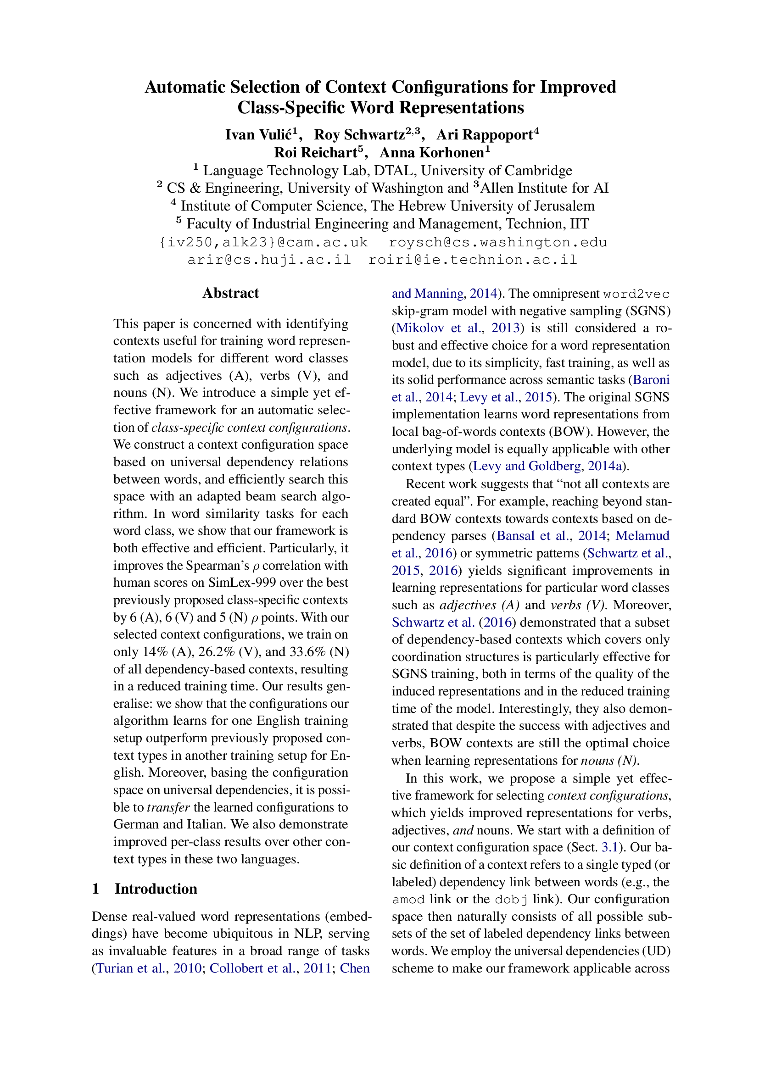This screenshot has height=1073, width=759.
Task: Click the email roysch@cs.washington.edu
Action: coord(498,242)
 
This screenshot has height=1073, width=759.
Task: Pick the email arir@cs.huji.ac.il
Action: coord(269,260)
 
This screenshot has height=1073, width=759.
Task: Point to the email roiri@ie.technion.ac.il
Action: coord(473,260)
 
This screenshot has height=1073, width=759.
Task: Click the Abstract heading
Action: coord(230,293)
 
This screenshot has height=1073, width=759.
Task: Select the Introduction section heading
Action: coord(156,889)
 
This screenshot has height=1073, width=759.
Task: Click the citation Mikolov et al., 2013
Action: coord(457,328)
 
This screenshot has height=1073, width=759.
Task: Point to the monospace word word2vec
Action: coord(636,294)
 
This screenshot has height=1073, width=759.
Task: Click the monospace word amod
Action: coord(408,899)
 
